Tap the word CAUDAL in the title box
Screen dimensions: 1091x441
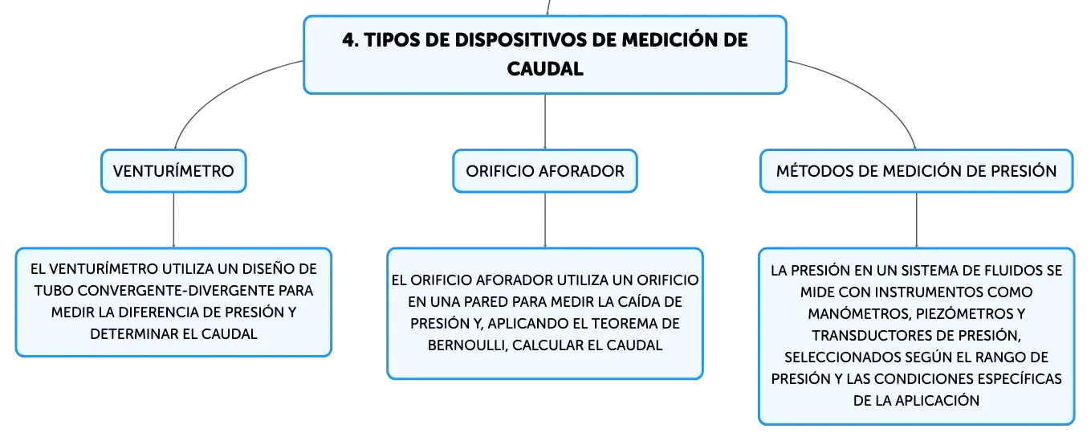click(545, 69)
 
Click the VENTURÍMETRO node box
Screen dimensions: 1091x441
click(174, 171)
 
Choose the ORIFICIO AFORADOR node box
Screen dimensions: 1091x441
click(545, 171)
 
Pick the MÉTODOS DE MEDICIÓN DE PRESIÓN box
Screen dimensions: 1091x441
click(916, 171)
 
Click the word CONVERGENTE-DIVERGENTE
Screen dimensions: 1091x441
click(176, 291)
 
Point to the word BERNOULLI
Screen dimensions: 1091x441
click(467, 345)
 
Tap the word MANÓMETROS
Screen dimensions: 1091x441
click(860, 313)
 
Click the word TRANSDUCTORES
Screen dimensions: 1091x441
click(867, 335)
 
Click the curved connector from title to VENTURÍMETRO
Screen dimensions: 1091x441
click(219, 90)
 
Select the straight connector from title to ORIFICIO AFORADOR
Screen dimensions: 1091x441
click(545, 122)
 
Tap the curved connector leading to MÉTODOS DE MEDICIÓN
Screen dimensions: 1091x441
click(872, 90)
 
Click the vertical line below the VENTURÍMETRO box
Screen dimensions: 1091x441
click(174, 220)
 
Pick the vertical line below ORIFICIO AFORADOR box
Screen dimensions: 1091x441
click(545, 220)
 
